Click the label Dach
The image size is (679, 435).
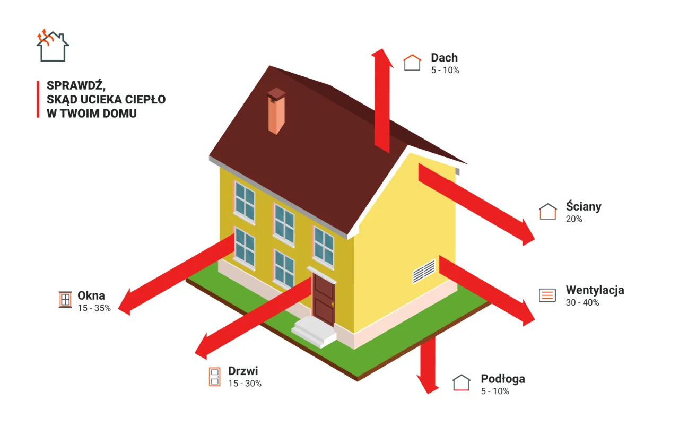[x=444, y=58]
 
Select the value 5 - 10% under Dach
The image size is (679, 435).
[x=445, y=71]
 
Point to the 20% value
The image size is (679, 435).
[x=574, y=219]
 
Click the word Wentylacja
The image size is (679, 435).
[x=595, y=290]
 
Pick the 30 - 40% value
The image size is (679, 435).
[x=582, y=302]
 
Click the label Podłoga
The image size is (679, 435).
[x=503, y=379]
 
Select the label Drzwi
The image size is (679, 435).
[x=243, y=371]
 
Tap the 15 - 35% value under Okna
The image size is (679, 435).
[x=94, y=308]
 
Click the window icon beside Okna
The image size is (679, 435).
[x=65, y=300]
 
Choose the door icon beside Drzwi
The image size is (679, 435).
[x=215, y=377]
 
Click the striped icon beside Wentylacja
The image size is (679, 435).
[x=547, y=295]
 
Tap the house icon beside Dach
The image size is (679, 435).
[x=412, y=63]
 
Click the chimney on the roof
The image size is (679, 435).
[x=276, y=111]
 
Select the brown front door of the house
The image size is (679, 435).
[x=324, y=299]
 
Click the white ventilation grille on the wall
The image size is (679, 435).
[x=424, y=272]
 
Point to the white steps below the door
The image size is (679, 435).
[x=314, y=332]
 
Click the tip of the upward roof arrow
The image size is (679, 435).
[x=382, y=49]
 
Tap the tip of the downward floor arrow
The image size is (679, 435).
[x=428, y=394]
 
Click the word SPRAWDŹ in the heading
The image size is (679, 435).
[x=76, y=86]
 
